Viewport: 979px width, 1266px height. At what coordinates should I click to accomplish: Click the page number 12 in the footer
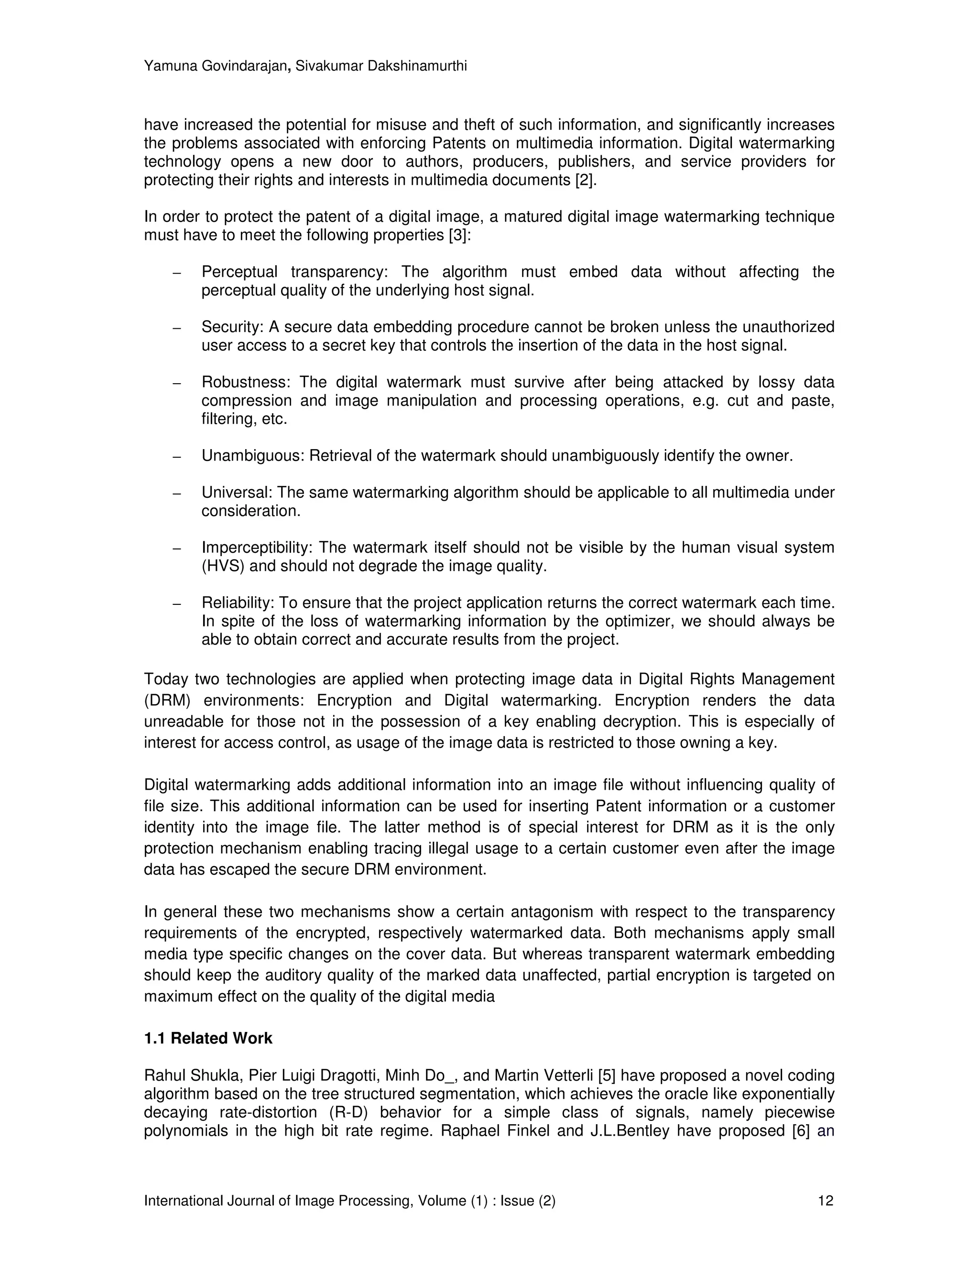point(825,1201)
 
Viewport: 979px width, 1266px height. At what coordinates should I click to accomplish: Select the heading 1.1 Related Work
point(208,1038)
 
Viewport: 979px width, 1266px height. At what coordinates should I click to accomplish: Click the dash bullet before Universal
point(177,494)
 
